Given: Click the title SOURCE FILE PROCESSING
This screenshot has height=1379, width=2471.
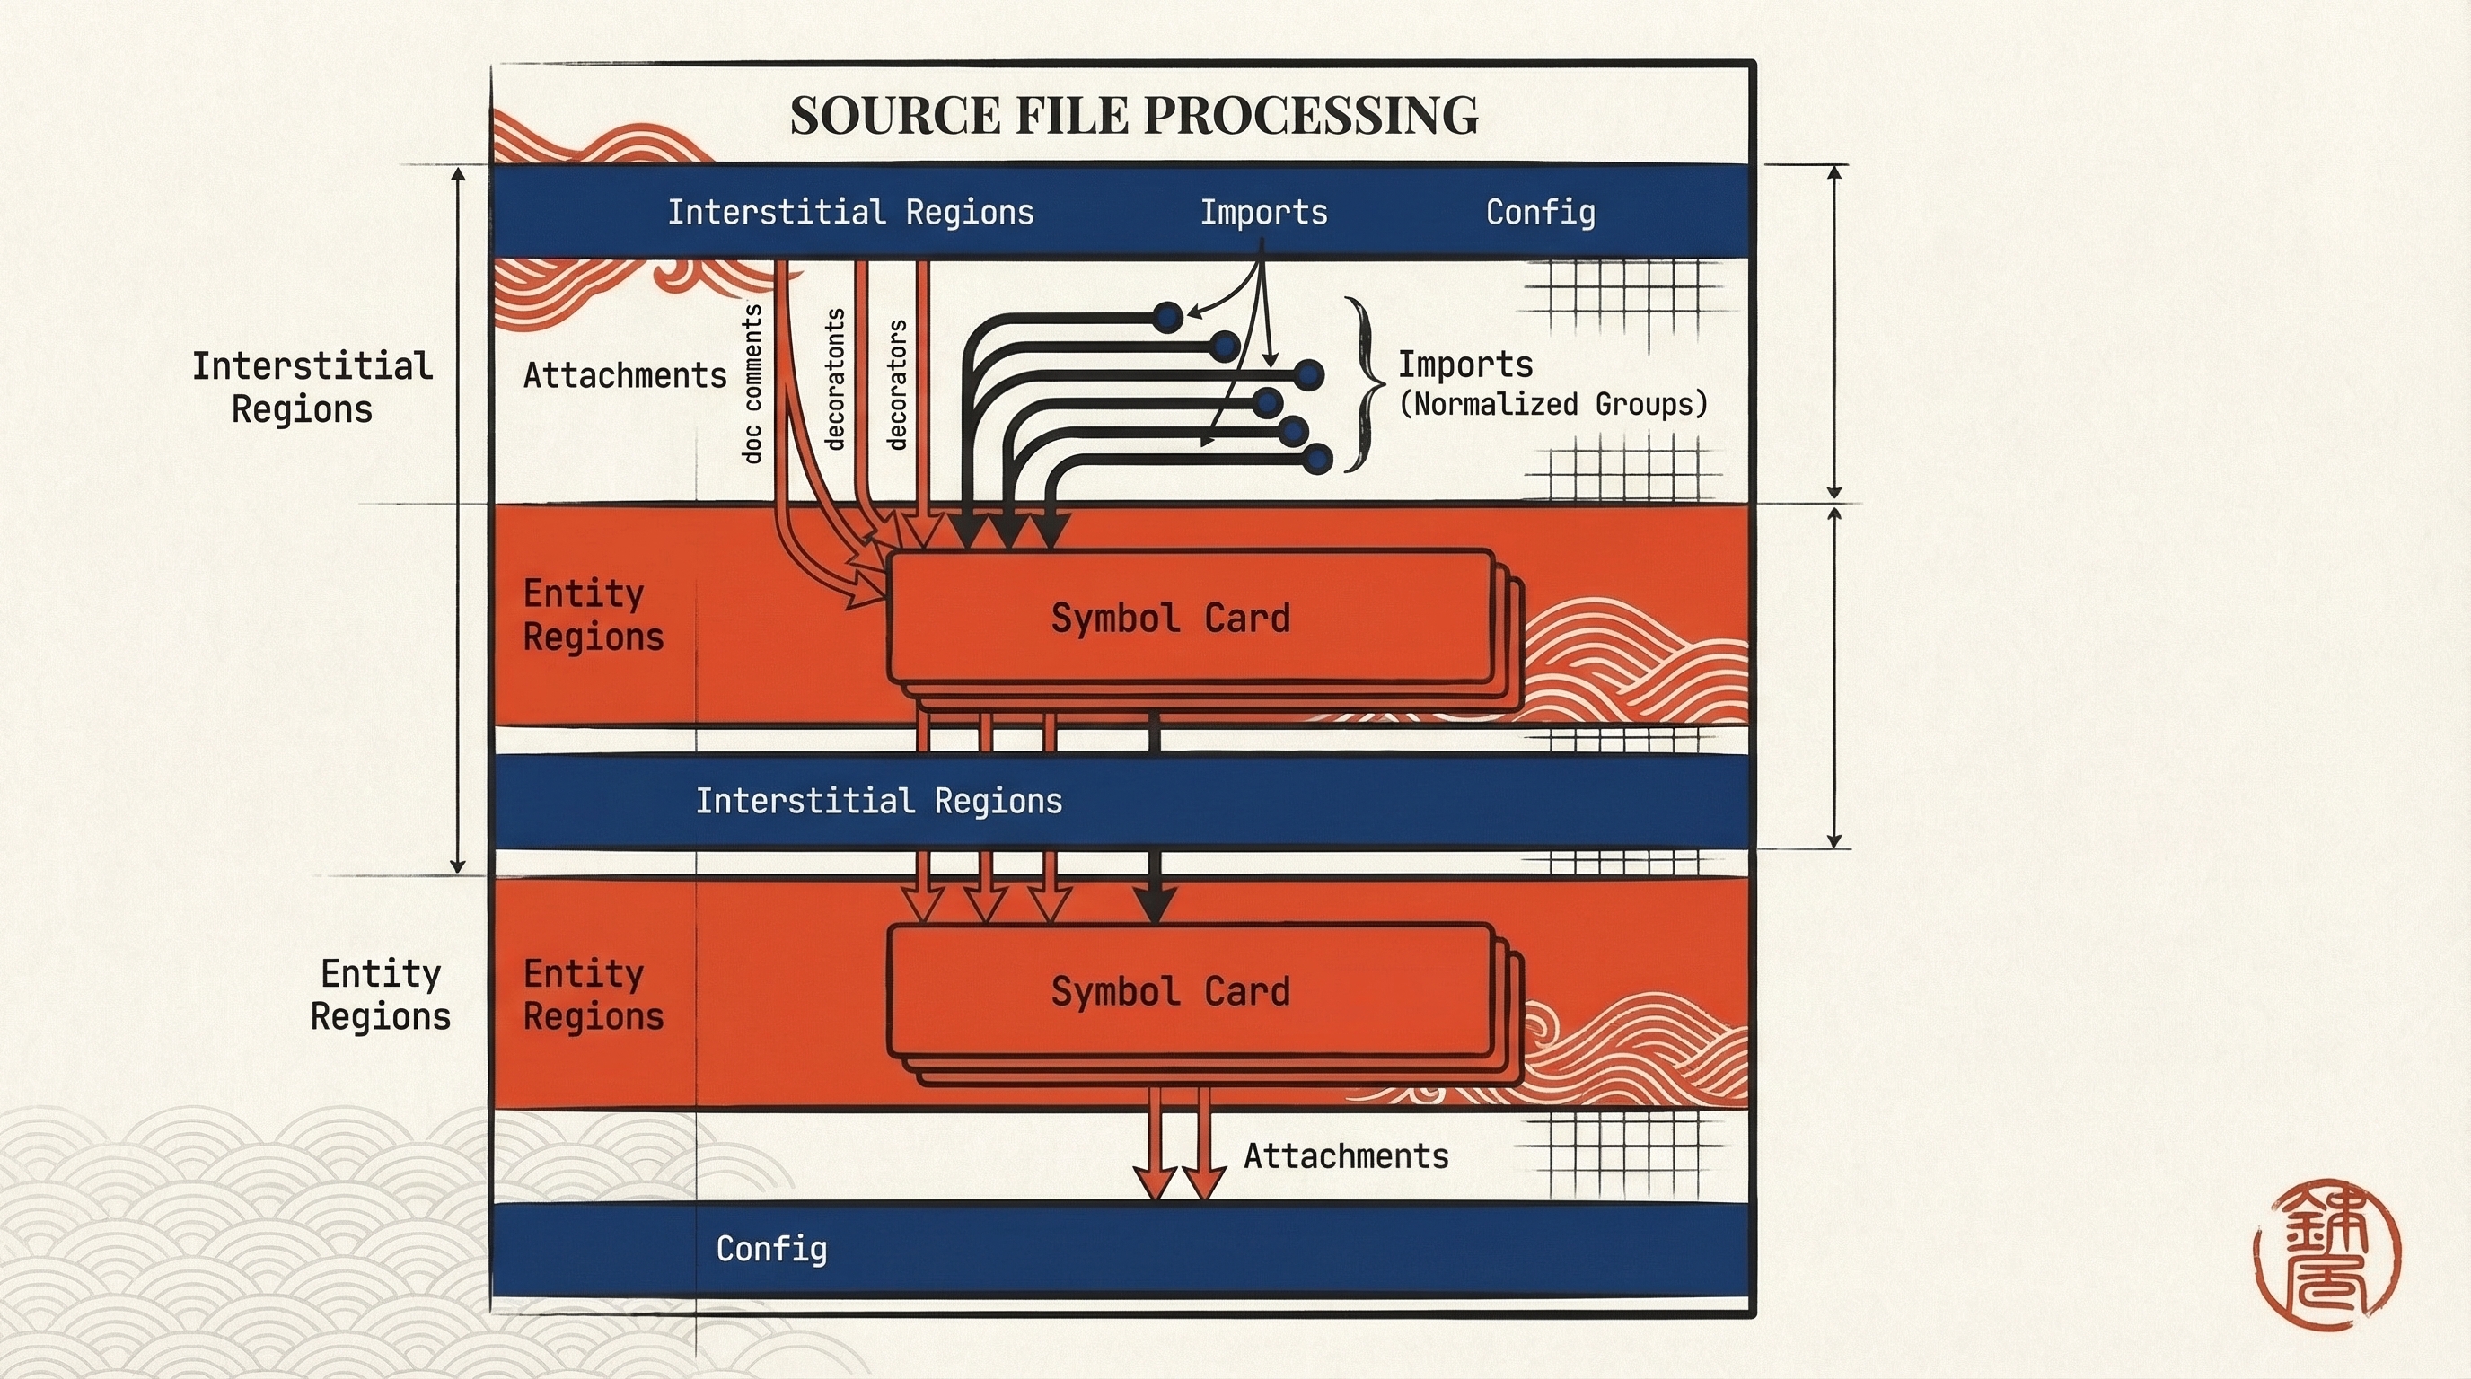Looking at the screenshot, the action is (x=1134, y=115).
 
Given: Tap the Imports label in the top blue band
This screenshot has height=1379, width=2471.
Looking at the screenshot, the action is (x=1264, y=212).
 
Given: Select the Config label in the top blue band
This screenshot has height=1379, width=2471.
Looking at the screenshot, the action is (x=1541, y=212).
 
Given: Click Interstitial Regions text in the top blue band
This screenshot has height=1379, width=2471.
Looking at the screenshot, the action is (x=851, y=212).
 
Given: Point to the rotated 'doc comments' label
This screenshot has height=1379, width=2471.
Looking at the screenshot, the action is (x=752, y=383).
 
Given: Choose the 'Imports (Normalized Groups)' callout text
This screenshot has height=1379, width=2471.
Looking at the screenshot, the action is (x=1553, y=383).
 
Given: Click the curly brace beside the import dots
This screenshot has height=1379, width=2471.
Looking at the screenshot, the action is (x=1364, y=384).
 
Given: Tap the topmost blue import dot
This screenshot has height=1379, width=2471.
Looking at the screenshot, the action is (x=1167, y=316).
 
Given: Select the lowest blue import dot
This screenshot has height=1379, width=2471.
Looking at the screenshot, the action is (x=1318, y=460).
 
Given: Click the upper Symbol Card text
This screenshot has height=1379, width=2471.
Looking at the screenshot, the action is (x=1170, y=618).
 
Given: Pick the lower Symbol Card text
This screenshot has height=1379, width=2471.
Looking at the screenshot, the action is (x=1170, y=991).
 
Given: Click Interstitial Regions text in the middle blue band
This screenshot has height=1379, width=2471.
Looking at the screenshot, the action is (x=879, y=801).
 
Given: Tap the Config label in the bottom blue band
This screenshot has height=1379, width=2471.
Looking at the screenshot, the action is (x=771, y=1249).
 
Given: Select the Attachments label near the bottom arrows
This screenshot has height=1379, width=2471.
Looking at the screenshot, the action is (x=1346, y=1156).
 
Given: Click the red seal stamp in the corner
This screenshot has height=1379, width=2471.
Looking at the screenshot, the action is (x=2327, y=1254).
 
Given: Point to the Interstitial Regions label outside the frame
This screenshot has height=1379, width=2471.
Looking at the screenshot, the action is (x=312, y=388).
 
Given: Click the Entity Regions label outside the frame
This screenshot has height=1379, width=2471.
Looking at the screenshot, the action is (x=381, y=995).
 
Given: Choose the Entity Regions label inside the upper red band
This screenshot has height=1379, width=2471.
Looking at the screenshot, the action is (x=593, y=615).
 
